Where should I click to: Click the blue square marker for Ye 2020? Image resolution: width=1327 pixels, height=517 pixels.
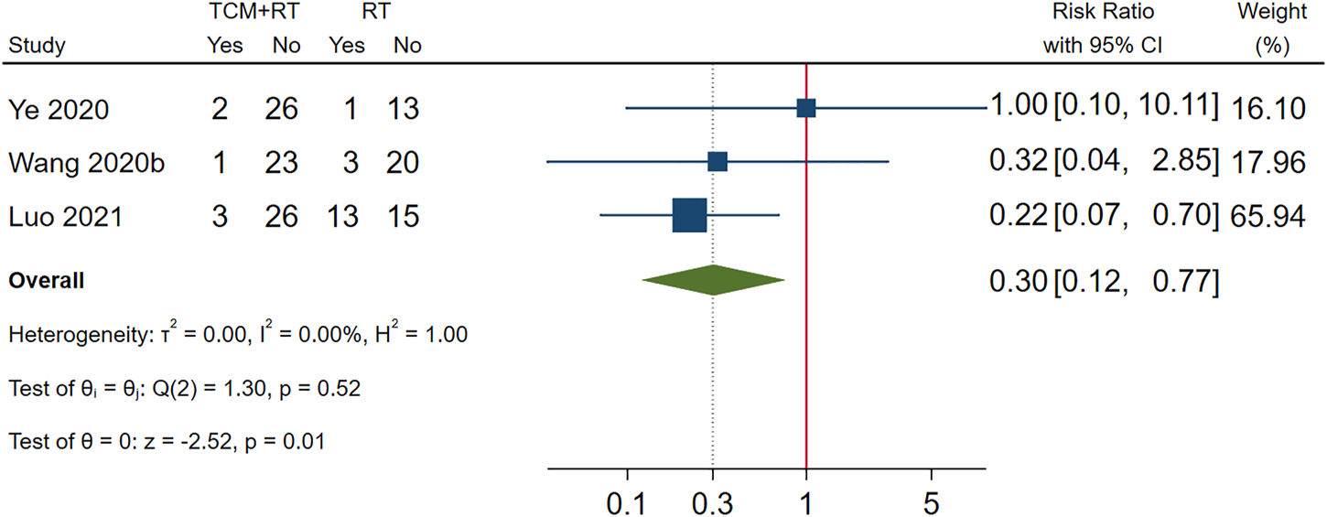point(805,108)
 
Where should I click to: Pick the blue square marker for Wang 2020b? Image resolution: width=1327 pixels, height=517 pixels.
point(717,162)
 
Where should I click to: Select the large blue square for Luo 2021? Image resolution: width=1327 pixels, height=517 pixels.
point(689,215)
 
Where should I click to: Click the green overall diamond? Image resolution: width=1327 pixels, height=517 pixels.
point(713,280)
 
